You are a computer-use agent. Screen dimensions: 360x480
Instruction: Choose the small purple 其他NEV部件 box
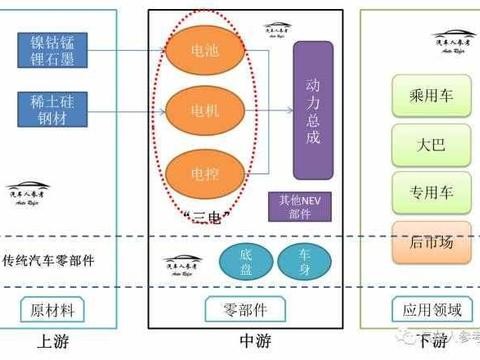(297, 208)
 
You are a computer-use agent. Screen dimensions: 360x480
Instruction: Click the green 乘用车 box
(418, 97)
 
